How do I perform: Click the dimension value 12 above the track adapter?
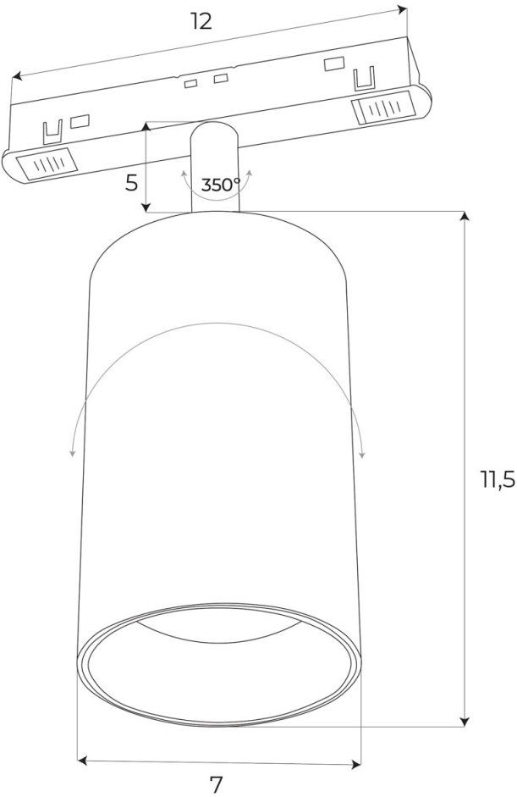[201, 20]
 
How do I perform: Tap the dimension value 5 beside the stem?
[131, 183]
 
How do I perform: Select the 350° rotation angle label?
[220, 185]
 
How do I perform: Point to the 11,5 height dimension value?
[498, 481]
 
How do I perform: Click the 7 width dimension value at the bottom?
[216, 784]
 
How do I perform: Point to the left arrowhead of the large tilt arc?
[72, 453]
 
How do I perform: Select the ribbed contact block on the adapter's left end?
[46, 163]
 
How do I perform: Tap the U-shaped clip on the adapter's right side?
[364, 80]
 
